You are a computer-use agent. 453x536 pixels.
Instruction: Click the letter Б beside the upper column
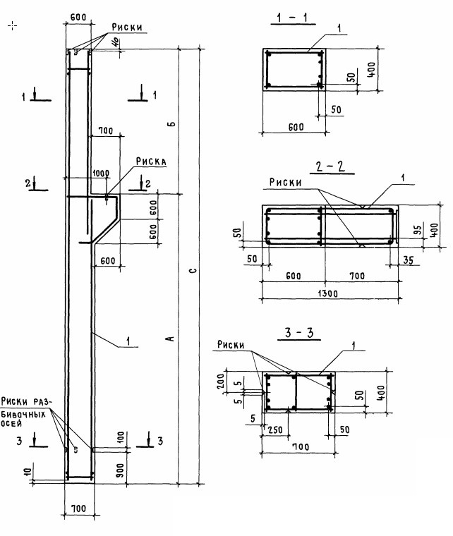click(171, 124)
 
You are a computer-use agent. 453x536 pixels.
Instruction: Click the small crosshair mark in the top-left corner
click(12, 26)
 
